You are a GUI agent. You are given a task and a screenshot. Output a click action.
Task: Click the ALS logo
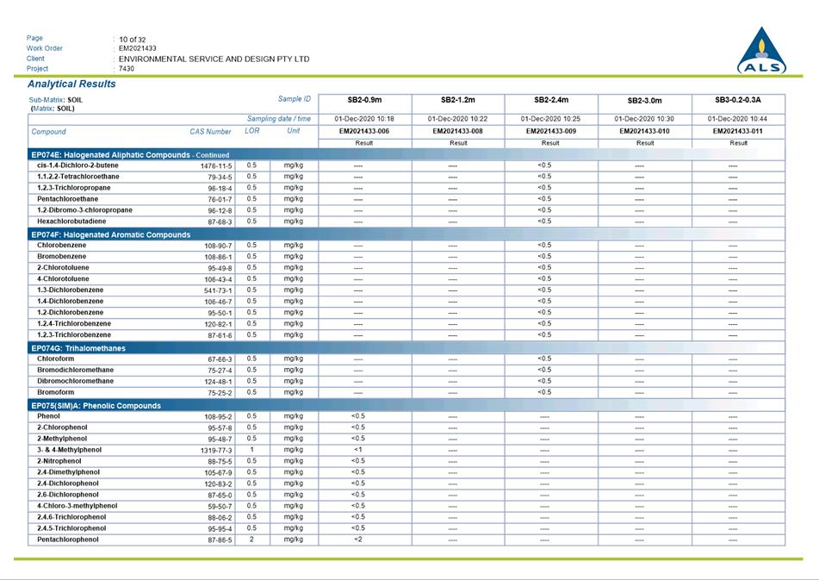coord(760,52)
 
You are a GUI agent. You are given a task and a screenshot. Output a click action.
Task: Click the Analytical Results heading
coord(71,84)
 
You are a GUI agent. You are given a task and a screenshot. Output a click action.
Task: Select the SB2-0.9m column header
coord(365,100)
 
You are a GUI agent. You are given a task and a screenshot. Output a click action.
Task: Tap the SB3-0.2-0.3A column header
coord(738,100)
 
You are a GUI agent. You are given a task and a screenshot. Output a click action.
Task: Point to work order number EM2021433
coord(138,49)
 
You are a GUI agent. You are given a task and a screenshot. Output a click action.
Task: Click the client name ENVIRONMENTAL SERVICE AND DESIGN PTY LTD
coord(214,59)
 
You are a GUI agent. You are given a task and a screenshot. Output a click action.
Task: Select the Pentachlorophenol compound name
coord(68,539)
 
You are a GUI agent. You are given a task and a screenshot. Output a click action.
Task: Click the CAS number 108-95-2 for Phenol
coord(218,416)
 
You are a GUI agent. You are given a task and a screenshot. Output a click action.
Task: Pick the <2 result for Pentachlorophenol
coord(358,539)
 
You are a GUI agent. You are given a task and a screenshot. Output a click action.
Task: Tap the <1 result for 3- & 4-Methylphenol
coord(358,450)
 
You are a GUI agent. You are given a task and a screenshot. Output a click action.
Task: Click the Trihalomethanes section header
coord(78,348)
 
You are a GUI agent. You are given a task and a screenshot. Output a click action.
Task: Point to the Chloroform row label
coord(56,359)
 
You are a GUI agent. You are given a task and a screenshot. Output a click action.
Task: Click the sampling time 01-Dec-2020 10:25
coord(550,119)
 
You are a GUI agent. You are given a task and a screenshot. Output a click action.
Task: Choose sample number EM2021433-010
coord(645,131)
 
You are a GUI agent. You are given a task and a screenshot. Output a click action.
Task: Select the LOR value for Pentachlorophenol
coord(251,539)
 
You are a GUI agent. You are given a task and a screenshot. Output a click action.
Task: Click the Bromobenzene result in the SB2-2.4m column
coord(544,256)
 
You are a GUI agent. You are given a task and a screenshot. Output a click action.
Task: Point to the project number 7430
coord(127,69)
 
